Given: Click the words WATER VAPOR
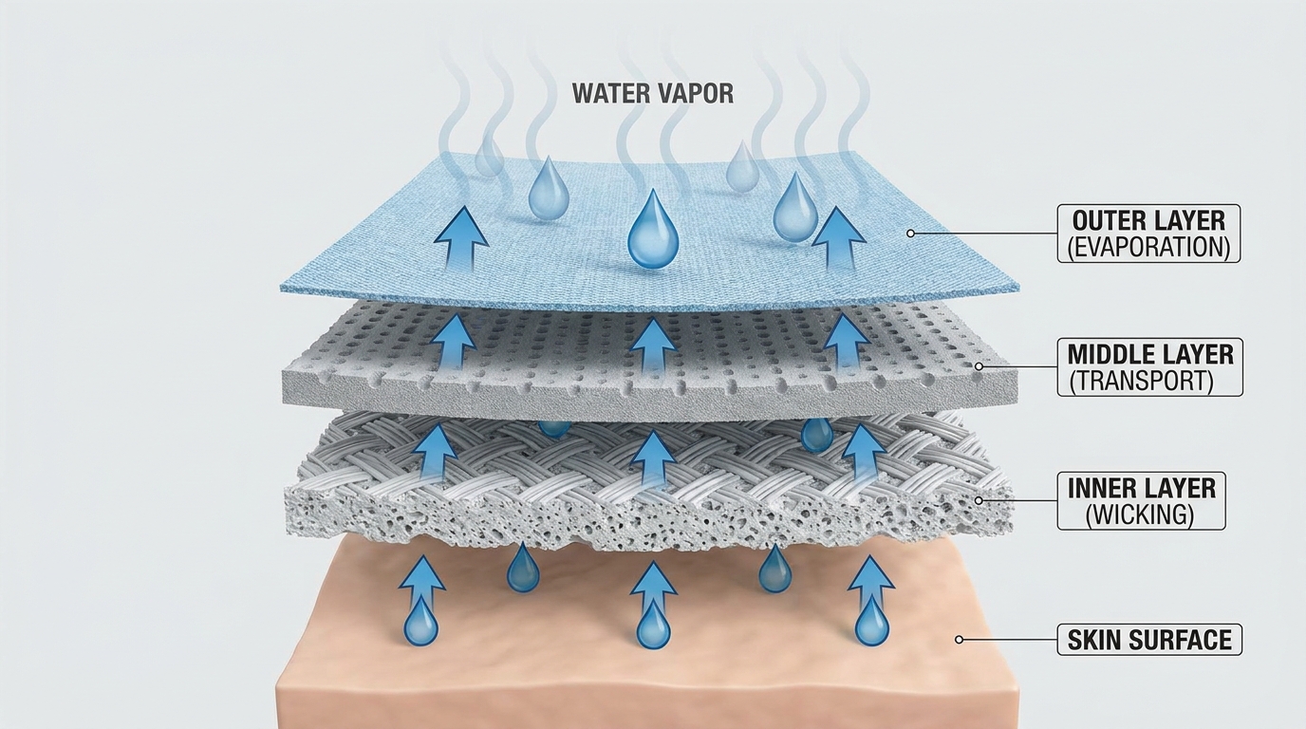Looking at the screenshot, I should [652, 93].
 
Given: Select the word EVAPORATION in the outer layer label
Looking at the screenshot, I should [1148, 247].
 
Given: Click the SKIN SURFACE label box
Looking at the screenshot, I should [1149, 640].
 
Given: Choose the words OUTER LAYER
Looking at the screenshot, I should [1148, 220].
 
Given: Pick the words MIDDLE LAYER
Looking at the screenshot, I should [1150, 355].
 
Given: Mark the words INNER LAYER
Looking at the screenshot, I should [1141, 489].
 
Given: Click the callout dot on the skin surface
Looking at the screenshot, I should [959, 640].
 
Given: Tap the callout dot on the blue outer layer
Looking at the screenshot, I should [910, 234].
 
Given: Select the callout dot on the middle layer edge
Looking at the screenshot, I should [979, 366].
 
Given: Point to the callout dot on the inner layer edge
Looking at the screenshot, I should [979, 500].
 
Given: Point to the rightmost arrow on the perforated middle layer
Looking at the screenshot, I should [846, 339].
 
